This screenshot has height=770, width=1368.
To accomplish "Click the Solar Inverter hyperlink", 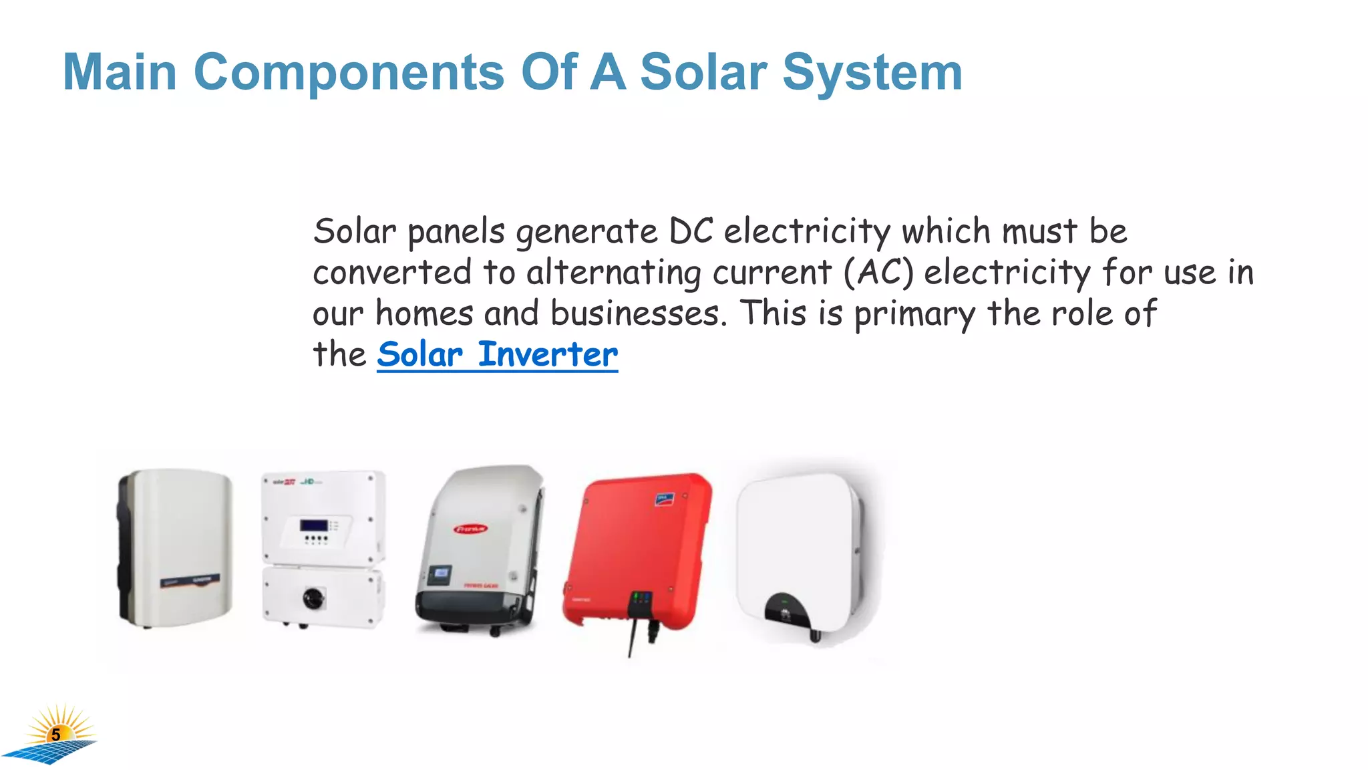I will click(x=497, y=354).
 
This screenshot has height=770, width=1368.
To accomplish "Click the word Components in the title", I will click(x=348, y=72).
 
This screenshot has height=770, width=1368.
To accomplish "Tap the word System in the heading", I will click(x=872, y=72).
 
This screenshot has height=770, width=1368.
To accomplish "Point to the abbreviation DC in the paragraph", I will click(x=691, y=231).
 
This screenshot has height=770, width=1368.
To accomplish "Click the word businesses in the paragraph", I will click(x=636, y=313).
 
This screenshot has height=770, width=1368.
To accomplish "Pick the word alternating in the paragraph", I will click(x=614, y=273).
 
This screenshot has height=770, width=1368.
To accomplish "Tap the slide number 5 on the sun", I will click(x=56, y=735).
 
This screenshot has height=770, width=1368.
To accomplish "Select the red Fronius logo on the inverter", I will click(x=471, y=529).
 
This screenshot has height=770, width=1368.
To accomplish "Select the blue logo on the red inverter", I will click(x=664, y=499).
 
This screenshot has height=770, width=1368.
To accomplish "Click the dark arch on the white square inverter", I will click(x=786, y=608).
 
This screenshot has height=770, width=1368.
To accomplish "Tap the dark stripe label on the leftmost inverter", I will click(x=190, y=580).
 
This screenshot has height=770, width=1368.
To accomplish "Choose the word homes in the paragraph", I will click(x=424, y=313).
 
